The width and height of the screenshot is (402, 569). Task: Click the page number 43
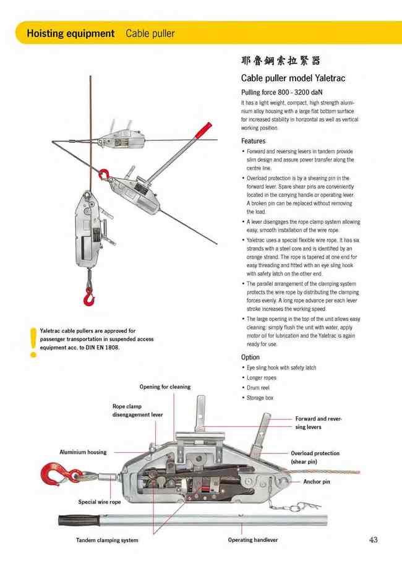(x=373, y=540)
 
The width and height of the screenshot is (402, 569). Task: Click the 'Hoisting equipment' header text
(x=71, y=33)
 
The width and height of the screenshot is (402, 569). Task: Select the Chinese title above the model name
(x=281, y=61)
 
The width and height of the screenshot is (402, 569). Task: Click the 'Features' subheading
(x=254, y=141)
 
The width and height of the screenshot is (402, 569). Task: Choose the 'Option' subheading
(x=250, y=357)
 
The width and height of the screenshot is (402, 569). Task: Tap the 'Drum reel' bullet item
(x=259, y=388)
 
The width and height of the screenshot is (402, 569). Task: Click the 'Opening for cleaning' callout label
(x=165, y=387)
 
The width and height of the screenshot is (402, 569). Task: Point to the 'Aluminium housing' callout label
(x=83, y=452)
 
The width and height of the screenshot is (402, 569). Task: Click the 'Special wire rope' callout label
(x=100, y=502)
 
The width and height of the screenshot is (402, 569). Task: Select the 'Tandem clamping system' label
(x=107, y=540)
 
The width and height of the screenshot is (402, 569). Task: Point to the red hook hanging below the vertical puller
(x=90, y=298)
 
